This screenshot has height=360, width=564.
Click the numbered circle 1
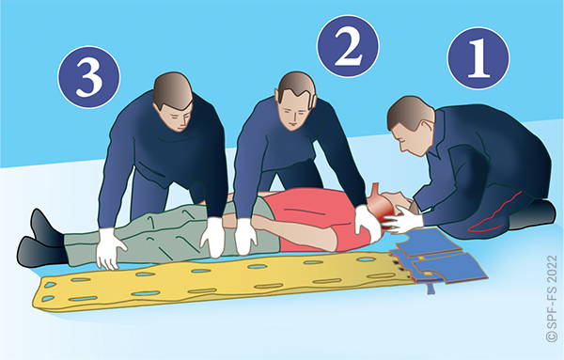[x=478, y=58]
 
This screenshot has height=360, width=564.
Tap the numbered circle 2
[x=348, y=46]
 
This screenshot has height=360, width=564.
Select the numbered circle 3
[x=89, y=77]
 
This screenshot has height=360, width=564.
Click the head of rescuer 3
[x=173, y=102]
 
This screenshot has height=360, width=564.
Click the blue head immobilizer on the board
[x=439, y=258]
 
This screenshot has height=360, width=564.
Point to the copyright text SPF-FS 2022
[x=552, y=299]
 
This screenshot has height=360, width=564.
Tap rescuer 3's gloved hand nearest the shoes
[x=109, y=249]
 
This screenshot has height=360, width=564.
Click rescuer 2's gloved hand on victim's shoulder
[x=367, y=222]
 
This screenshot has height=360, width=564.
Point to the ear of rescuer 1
[x=427, y=127]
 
